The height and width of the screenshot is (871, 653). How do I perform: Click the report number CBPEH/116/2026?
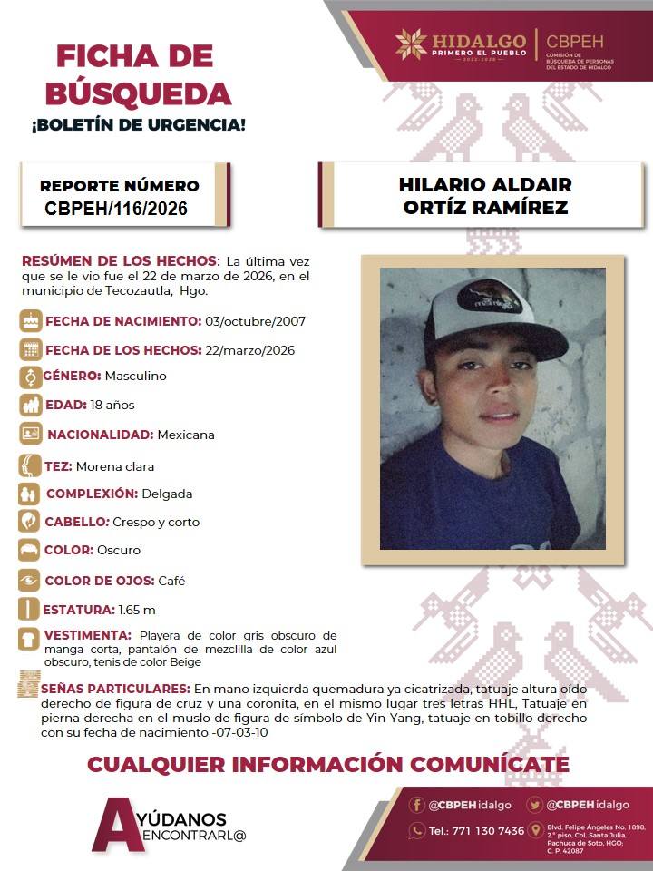point(116,209)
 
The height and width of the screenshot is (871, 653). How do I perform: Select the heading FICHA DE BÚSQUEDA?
point(143,74)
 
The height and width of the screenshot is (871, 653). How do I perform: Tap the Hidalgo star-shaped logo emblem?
point(411,44)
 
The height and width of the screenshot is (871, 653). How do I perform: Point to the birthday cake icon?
point(31,320)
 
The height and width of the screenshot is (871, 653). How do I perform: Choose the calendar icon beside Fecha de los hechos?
point(31,349)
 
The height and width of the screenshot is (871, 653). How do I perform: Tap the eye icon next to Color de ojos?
point(30,580)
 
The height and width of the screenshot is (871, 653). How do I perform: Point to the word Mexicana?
point(186,435)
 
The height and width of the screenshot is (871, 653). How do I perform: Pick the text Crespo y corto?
point(156,522)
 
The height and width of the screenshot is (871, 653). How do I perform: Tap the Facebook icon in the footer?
point(417,805)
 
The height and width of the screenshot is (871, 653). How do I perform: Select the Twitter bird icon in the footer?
point(535,805)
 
